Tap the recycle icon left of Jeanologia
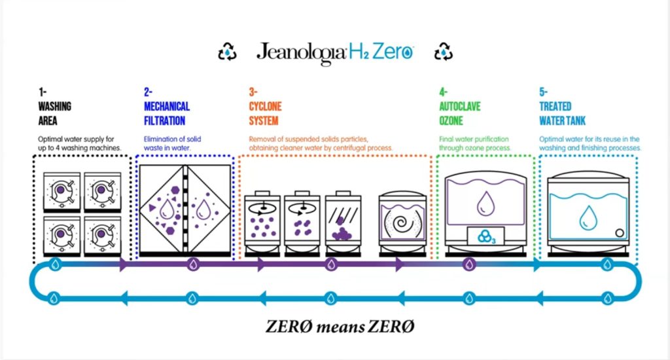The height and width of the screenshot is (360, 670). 226,52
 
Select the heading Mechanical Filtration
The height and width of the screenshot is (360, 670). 166,113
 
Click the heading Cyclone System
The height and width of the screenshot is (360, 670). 264,113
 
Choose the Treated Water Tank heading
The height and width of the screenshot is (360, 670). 563,113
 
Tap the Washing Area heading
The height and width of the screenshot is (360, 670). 54,113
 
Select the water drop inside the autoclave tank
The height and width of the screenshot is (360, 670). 485,202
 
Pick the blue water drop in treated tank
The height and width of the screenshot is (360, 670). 587,214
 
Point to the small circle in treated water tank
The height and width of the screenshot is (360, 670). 618,231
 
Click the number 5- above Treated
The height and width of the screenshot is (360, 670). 543,92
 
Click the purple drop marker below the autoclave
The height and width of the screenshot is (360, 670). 468,264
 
